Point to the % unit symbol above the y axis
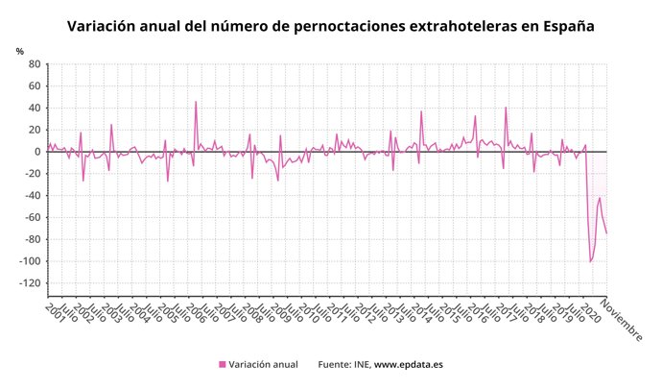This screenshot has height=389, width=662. [20, 51]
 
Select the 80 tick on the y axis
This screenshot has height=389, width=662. [34, 64]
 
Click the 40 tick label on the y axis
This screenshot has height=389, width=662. [34, 108]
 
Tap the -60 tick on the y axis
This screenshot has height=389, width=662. [32, 218]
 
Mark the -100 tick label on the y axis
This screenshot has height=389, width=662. [29, 261]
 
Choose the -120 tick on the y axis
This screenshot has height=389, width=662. [29, 283]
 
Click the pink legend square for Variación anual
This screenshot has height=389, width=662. [223, 365]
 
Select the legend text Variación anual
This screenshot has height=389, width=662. [264, 365]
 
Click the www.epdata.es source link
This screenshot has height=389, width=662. [408, 365]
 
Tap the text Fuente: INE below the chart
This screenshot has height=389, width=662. [343, 365]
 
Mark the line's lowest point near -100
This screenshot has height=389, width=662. [590, 261]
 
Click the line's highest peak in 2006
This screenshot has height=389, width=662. [196, 102]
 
